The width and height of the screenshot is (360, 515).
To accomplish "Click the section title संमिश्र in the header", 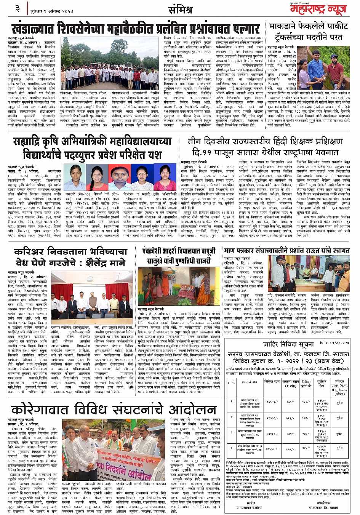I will click(x=180, y=10).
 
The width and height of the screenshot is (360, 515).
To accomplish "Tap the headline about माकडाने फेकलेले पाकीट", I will click(x=309, y=32).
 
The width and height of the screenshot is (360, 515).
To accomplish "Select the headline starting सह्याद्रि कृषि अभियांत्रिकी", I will click(x=92, y=149).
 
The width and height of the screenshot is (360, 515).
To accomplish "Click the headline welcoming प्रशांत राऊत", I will click(x=287, y=251).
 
